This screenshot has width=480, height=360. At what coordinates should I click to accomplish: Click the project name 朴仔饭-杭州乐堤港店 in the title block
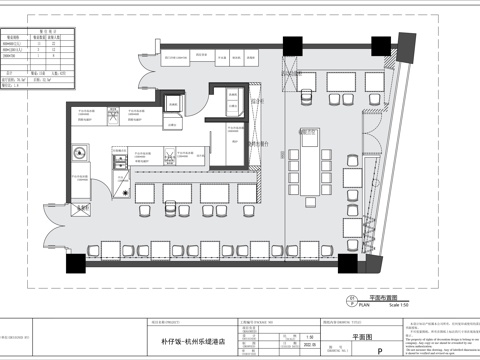pyautogui.click(x=198, y=341)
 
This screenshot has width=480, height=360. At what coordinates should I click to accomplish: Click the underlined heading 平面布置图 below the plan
pyautogui.click(x=383, y=297)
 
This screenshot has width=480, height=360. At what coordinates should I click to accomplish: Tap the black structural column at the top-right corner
pyautogui.click(x=382, y=45)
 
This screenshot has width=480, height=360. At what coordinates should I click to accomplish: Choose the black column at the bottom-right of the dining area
pyautogui.click(x=347, y=264)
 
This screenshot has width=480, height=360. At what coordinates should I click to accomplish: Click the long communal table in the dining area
pyautogui.click(x=313, y=160)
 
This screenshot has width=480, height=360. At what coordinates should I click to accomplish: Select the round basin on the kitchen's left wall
pyautogui.click(x=77, y=154)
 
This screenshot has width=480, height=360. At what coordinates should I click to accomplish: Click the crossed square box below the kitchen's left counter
pyautogui.click(x=80, y=208)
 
